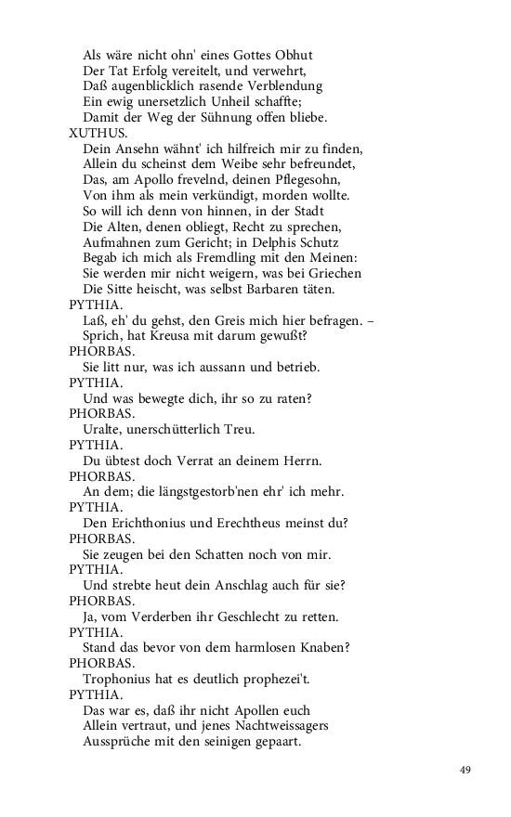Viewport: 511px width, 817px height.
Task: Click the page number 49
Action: [x=465, y=770]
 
